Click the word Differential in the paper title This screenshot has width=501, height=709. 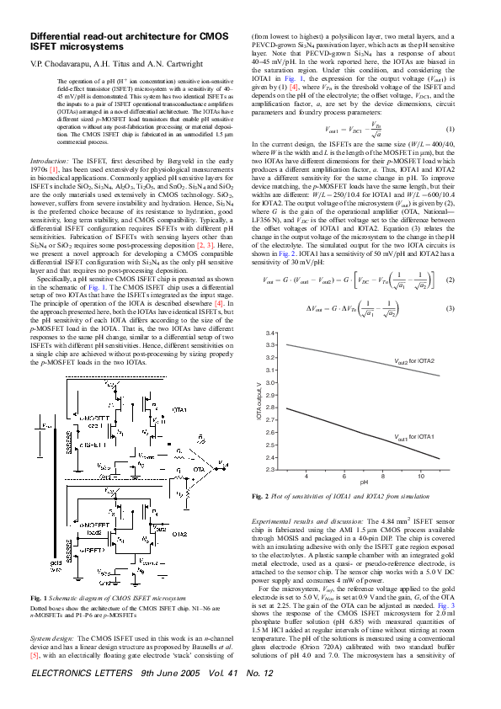point(56,37)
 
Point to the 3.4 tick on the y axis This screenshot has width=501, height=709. point(269,333)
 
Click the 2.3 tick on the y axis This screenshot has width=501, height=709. point(269,469)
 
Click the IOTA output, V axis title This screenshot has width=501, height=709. point(259,402)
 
